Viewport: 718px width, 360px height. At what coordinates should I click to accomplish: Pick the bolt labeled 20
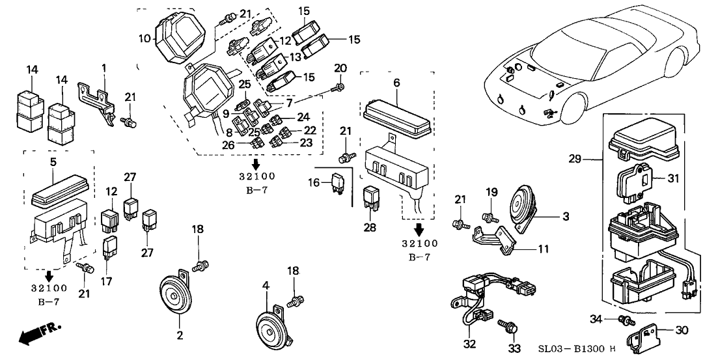coord(339,83)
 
